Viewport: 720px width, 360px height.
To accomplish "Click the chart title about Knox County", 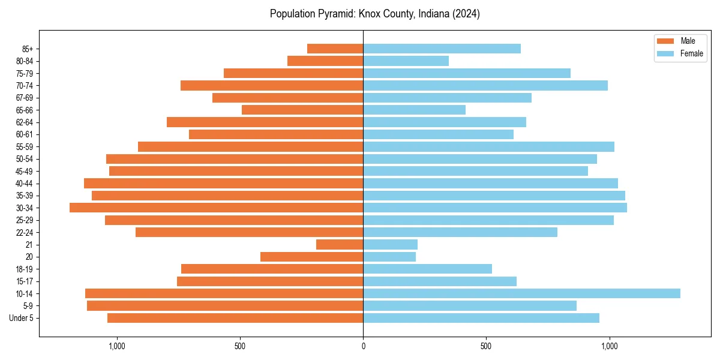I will (374, 14).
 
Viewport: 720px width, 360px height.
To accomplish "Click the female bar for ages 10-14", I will (521, 293).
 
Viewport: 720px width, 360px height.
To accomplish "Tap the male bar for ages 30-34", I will (216, 208).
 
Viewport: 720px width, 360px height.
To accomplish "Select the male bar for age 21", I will (340, 244).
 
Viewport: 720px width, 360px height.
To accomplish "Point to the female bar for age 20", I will (389, 257).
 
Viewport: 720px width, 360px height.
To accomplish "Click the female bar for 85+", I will (442, 49).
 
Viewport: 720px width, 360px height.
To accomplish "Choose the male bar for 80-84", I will (325, 61).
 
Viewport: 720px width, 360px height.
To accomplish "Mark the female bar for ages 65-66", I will (414, 110).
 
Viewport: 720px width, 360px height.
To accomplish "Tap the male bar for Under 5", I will (235, 318).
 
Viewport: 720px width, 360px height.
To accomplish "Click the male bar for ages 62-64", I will (265, 122).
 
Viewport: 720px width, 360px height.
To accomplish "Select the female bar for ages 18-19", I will (427, 269).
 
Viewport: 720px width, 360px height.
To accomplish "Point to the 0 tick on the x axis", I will (363, 346).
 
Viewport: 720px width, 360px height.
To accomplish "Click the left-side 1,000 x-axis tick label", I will (116, 346).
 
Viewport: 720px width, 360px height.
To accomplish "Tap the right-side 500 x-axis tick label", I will (486, 346).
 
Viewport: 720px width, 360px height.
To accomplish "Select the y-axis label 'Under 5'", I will (22, 318).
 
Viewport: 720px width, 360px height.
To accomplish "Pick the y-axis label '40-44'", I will (25, 183).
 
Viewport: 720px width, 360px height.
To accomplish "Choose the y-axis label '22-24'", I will (25, 232).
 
